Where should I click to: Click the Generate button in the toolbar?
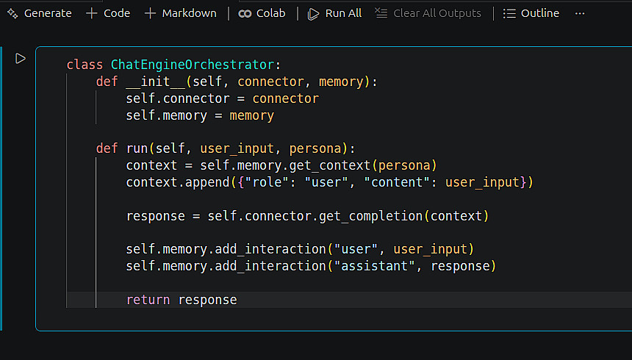click(40, 13)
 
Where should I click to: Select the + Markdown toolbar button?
click(181, 13)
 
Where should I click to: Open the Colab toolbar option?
click(262, 13)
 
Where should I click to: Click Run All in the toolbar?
click(335, 13)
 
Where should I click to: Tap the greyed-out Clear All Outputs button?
click(428, 13)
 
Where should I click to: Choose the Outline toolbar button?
click(531, 13)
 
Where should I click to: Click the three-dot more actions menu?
click(580, 13)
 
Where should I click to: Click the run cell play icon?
click(21, 58)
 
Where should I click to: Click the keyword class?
click(85, 65)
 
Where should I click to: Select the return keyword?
click(148, 300)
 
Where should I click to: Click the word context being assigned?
click(151, 165)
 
